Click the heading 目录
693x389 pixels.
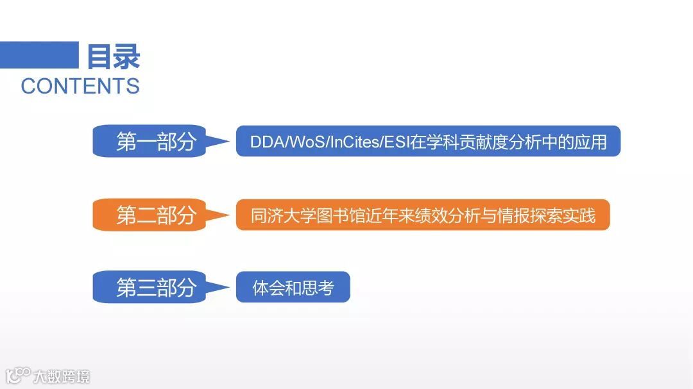click(x=114, y=56)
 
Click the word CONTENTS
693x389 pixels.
click(x=80, y=86)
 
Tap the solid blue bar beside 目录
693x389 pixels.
click(x=39, y=54)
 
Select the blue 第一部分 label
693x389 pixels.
click(x=155, y=142)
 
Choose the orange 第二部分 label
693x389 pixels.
click(x=155, y=215)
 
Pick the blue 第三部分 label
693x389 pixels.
click(x=155, y=288)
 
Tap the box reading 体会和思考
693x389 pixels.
click(x=293, y=288)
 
